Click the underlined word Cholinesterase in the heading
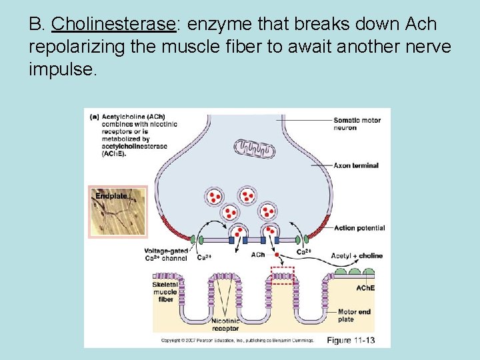pyautogui.click(x=113, y=25)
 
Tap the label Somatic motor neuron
pyautogui.click(x=357, y=124)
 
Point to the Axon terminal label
pyautogui.click(x=356, y=165)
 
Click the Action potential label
pyautogui.click(x=359, y=228)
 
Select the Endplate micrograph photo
pyautogui.click(x=117, y=211)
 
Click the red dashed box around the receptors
pyautogui.click(x=282, y=275)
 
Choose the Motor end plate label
pyautogui.click(x=354, y=315)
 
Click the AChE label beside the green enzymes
pyautogui.click(x=365, y=288)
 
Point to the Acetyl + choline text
pyautogui.click(x=357, y=255)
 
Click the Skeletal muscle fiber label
pyautogui.click(x=165, y=291)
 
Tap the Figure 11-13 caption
pyautogui.click(x=350, y=341)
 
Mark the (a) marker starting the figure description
pyautogui.click(x=95, y=116)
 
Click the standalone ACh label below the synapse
pyautogui.click(x=258, y=255)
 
